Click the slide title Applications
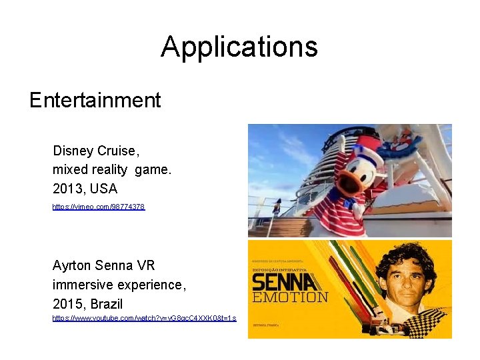coord(239,47)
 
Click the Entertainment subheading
coord(95,101)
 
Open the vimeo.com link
coord(98,207)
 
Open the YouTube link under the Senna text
coord(144,318)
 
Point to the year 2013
coord(67,189)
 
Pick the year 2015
coord(67,304)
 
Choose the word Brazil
coord(107,304)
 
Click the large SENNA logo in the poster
coord(281,282)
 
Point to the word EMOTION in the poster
coord(290,297)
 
